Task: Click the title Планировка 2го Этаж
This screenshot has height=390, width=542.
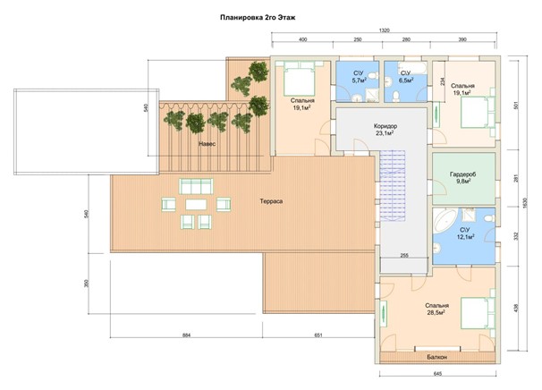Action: click(x=258, y=18)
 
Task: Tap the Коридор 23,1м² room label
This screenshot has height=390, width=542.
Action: click(x=385, y=130)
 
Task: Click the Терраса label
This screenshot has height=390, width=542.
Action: click(x=271, y=201)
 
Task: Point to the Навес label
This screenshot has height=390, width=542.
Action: click(x=207, y=143)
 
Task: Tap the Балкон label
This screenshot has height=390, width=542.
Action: click(x=437, y=357)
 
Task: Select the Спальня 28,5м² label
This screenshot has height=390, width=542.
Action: click(x=437, y=309)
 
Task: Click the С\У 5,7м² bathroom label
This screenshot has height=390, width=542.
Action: click(x=359, y=77)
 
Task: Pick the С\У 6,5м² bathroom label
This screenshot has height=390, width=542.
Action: click(x=406, y=77)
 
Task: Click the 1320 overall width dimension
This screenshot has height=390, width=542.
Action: click(x=385, y=30)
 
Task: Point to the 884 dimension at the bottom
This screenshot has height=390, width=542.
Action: click(x=186, y=335)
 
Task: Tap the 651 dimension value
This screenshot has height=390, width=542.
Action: click(x=318, y=335)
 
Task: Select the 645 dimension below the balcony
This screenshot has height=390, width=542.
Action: click(x=437, y=374)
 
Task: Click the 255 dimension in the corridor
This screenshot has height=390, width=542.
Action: click(x=404, y=256)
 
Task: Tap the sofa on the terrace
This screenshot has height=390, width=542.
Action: click(x=196, y=187)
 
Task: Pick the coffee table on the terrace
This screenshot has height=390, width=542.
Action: click(x=196, y=205)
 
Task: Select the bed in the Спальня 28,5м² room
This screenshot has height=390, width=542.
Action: click(x=478, y=313)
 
